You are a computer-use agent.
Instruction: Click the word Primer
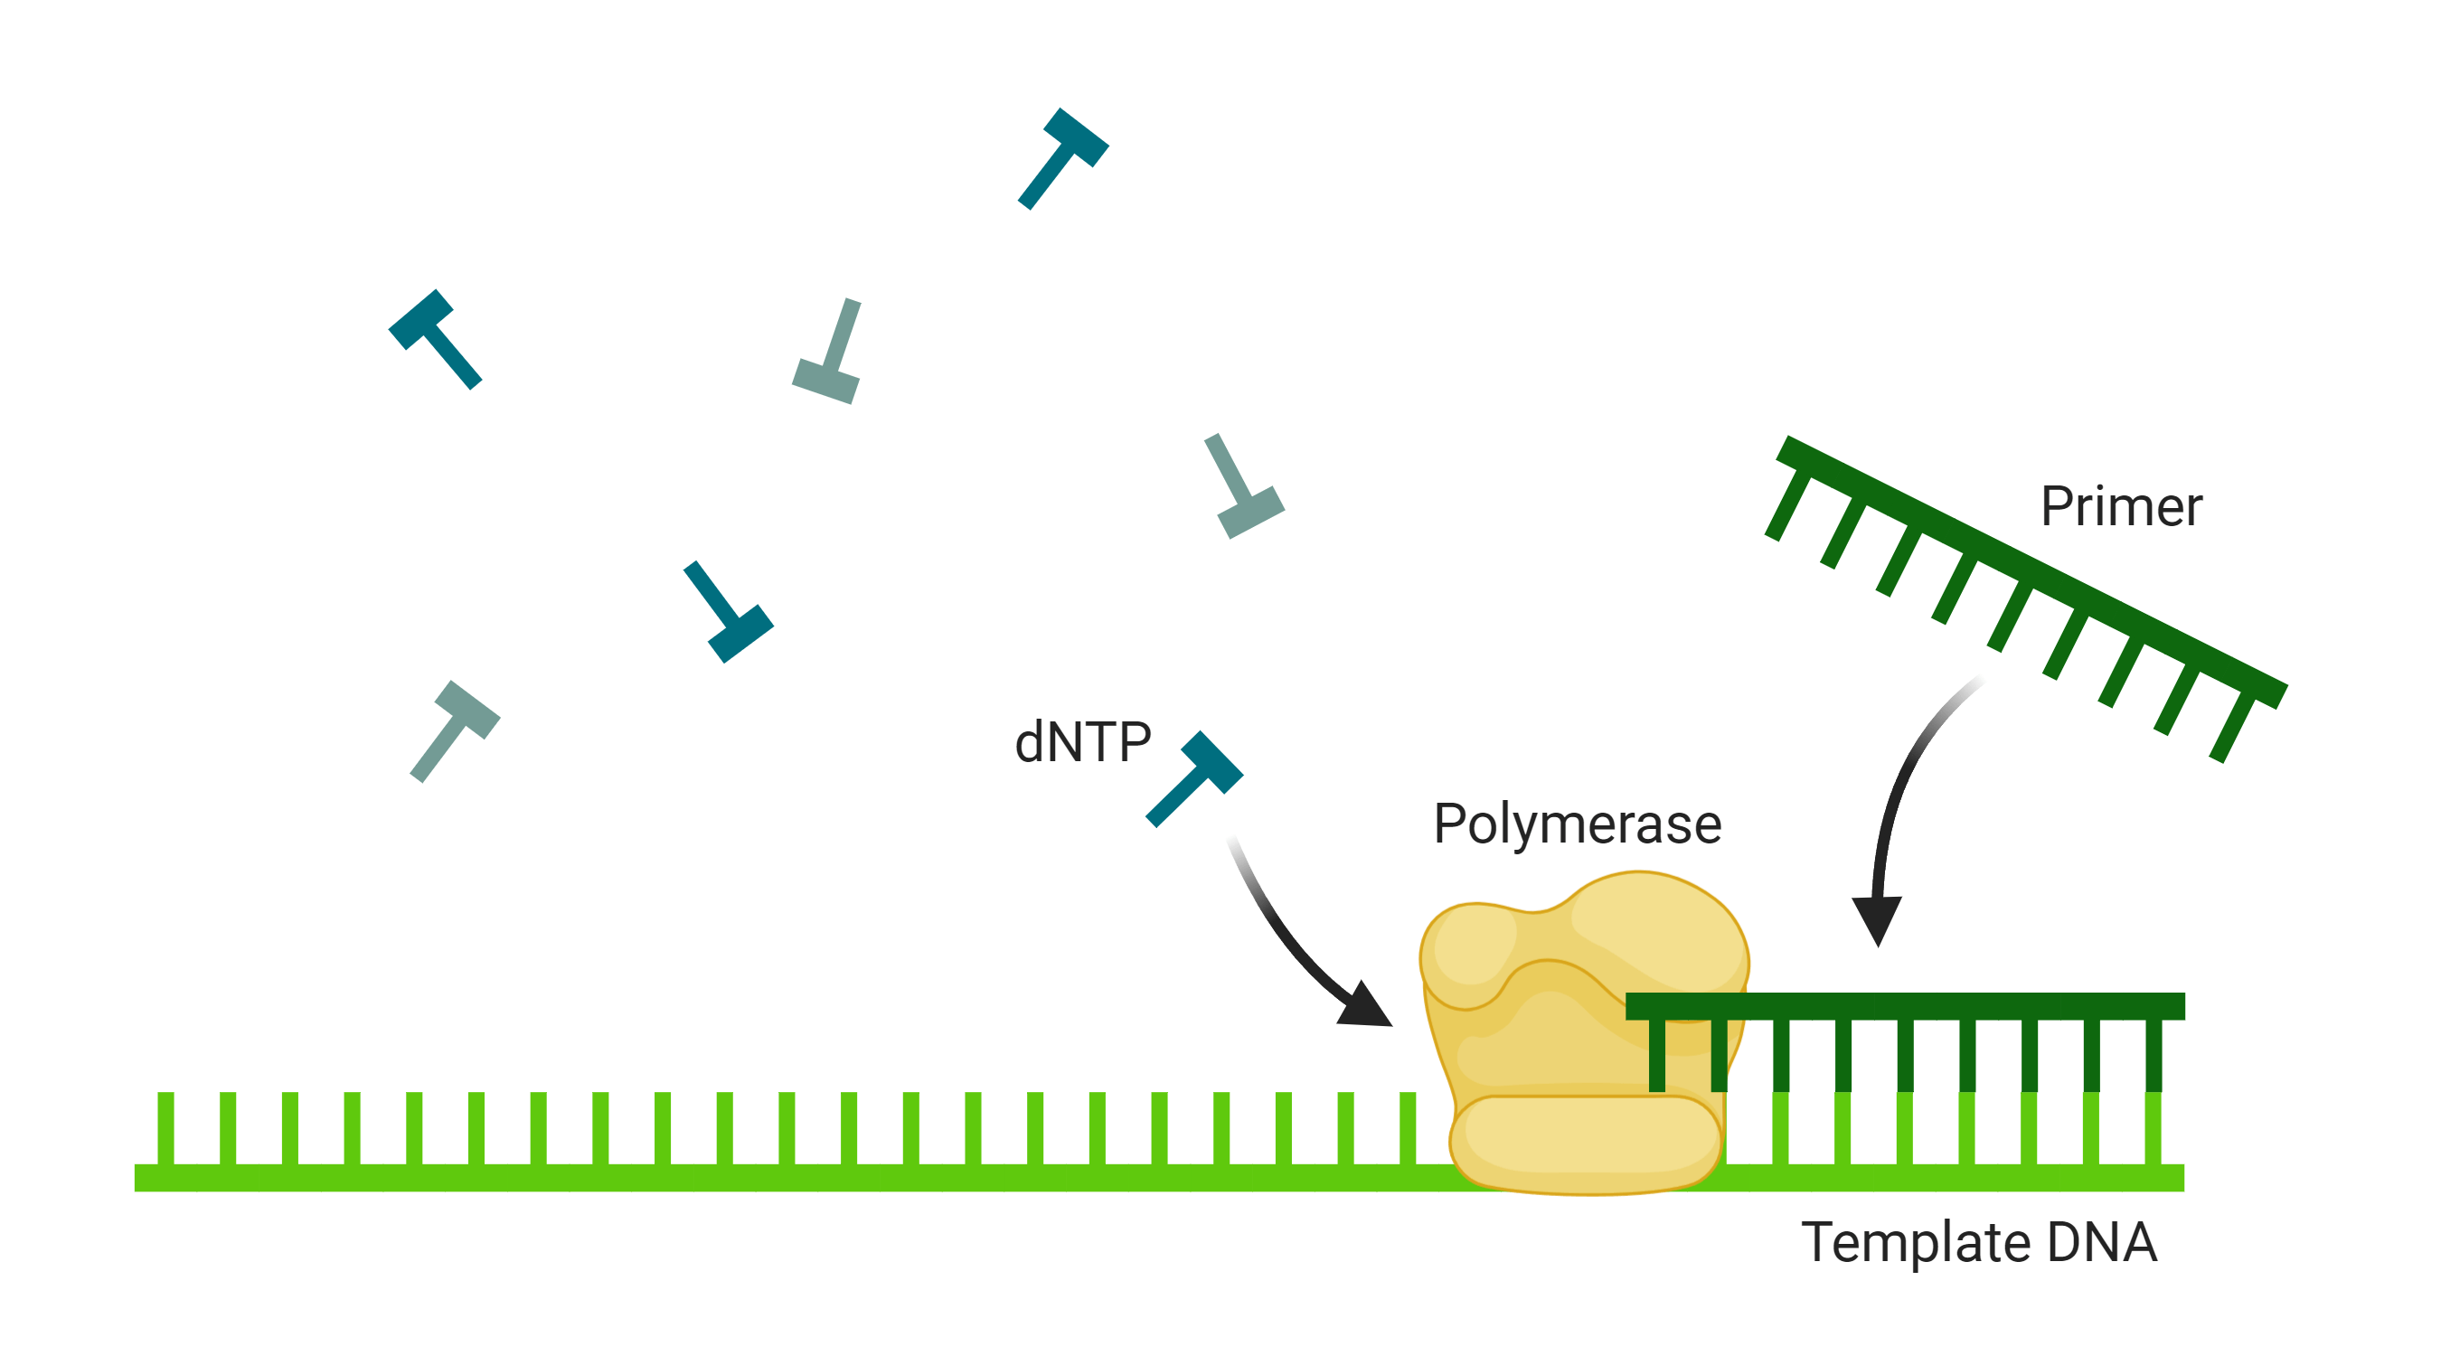click(2121, 507)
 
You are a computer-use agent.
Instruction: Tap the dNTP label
click(1082, 742)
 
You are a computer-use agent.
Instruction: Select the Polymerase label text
click(1577, 824)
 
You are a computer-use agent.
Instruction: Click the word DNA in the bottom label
click(2102, 1242)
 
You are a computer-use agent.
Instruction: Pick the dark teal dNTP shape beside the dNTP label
click(1196, 777)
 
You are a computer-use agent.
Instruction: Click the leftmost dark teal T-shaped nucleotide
click(435, 336)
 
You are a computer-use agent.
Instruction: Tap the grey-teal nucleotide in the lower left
click(456, 730)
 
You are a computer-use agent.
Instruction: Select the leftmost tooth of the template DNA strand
click(165, 1127)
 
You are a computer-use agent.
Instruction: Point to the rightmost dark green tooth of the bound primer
click(2153, 1055)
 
